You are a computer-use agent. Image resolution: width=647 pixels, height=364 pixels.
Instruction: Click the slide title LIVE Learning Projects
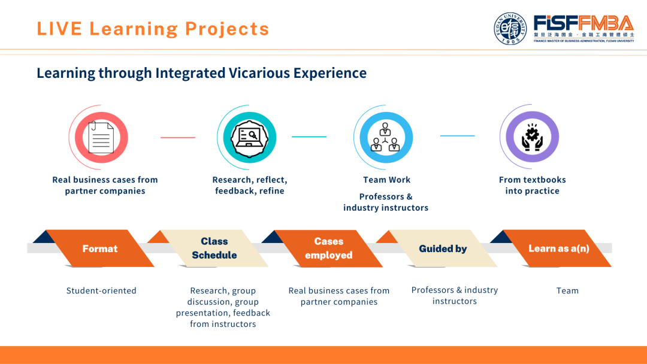tap(153, 29)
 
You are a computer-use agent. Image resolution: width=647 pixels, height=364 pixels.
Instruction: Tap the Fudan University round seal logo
tap(510, 29)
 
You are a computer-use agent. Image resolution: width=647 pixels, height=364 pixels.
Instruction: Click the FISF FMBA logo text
tap(583, 24)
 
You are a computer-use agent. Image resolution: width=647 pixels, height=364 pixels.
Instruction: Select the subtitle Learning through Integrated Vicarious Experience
tap(201, 73)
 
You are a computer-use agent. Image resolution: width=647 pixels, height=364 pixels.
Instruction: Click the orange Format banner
tap(100, 248)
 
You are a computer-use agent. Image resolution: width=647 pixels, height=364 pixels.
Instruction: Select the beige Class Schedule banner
tap(214, 248)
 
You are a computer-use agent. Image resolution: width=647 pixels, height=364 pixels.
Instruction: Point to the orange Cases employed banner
tap(328, 248)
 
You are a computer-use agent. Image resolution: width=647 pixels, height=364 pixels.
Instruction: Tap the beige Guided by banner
tap(443, 248)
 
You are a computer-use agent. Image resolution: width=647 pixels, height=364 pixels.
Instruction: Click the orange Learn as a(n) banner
tap(558, 248)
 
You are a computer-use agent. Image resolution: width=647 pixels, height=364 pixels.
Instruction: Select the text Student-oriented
tap(101, 291)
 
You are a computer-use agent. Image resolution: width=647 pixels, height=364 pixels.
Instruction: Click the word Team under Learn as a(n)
tap(567, 291)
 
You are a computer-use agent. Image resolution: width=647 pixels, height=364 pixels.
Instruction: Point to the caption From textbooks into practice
tap(532, 185)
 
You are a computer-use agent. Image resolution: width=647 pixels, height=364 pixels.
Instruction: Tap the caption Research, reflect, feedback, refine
tap(250, 185)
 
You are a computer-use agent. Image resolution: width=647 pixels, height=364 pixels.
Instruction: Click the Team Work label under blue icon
tap(386, 180)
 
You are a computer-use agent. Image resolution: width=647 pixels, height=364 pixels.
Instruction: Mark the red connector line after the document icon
tap(177, 137)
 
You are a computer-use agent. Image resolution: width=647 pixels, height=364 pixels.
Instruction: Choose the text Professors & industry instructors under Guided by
tap(455, 295)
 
